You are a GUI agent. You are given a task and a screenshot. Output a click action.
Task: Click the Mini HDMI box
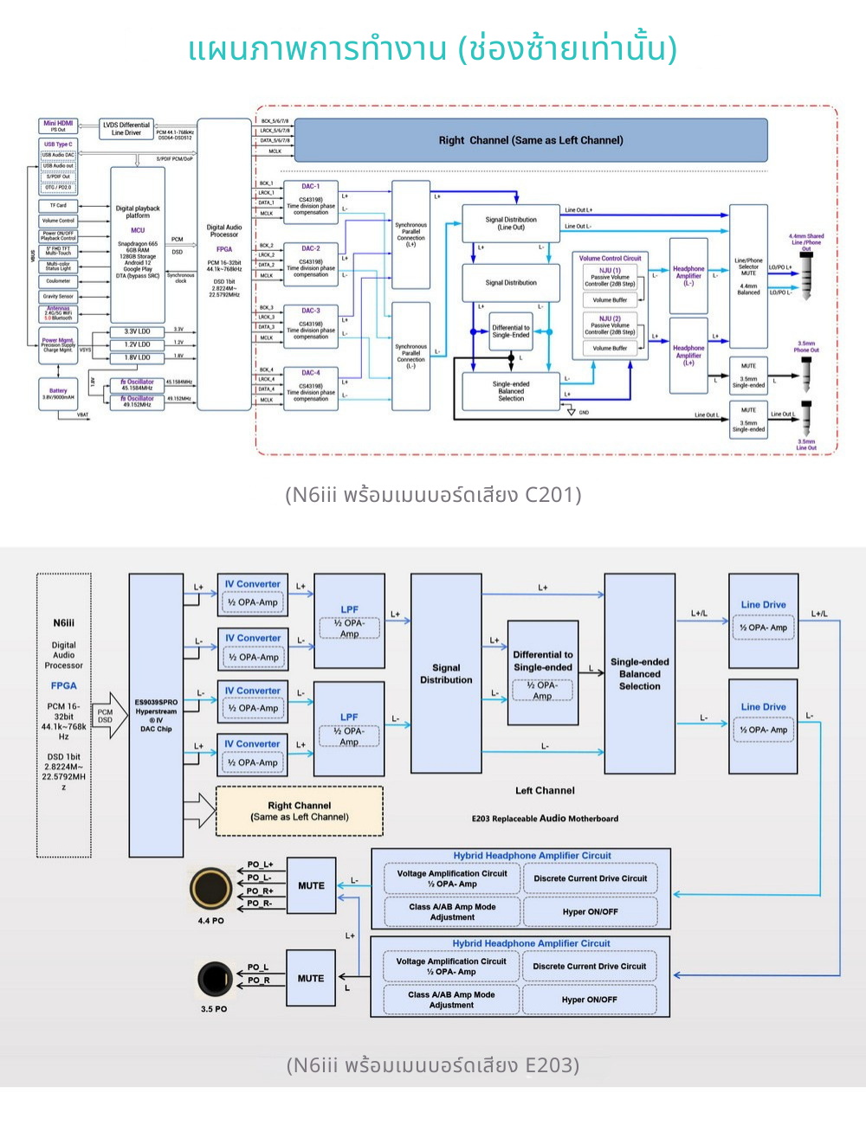click(58, 126)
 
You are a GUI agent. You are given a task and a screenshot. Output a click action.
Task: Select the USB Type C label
click(58, 144)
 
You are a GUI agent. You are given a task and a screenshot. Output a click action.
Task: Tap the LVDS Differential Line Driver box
click(126, 129)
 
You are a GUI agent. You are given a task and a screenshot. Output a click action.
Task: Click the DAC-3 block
click(310, 323)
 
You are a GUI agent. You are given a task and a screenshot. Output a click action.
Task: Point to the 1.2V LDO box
click(137, 344)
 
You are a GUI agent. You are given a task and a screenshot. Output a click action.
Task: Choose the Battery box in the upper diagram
click(58, 394)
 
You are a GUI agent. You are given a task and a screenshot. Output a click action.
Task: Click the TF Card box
click(58, 206)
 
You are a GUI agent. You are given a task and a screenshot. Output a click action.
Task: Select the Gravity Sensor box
click(58, 297)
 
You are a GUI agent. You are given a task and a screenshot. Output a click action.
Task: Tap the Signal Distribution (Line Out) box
click(511, 223)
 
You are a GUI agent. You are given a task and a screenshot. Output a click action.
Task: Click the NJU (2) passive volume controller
click(610, 325)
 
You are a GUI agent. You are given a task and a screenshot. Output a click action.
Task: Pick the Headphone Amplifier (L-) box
click(688, 276)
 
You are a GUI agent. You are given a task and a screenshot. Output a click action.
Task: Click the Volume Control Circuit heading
click(610, 258)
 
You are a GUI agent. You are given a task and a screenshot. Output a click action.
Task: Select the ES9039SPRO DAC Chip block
click(156, 715)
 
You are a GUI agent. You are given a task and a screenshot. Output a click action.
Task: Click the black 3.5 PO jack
click(214, 980)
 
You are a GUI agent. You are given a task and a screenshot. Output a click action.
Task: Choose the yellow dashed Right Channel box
click(299, 811)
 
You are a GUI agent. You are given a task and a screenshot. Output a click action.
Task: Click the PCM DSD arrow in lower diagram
click(108, 716)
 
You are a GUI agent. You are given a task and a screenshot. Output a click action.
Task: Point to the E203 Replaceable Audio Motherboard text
click(545, 819)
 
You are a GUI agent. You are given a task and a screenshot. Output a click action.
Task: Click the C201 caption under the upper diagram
click(432, 495)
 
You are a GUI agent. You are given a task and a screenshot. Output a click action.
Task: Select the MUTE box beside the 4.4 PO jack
click(311, 886)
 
